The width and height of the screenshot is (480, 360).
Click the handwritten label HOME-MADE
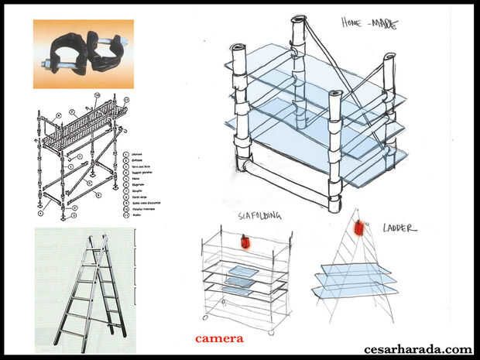pos(369,23)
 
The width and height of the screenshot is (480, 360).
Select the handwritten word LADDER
pos(399,228)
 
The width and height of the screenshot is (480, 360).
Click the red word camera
pos(219,338)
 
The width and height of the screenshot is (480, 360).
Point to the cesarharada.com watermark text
pos(417,349)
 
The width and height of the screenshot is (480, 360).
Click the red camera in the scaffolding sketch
pos(245,243)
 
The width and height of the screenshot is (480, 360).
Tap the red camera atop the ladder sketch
pos(359,229)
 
